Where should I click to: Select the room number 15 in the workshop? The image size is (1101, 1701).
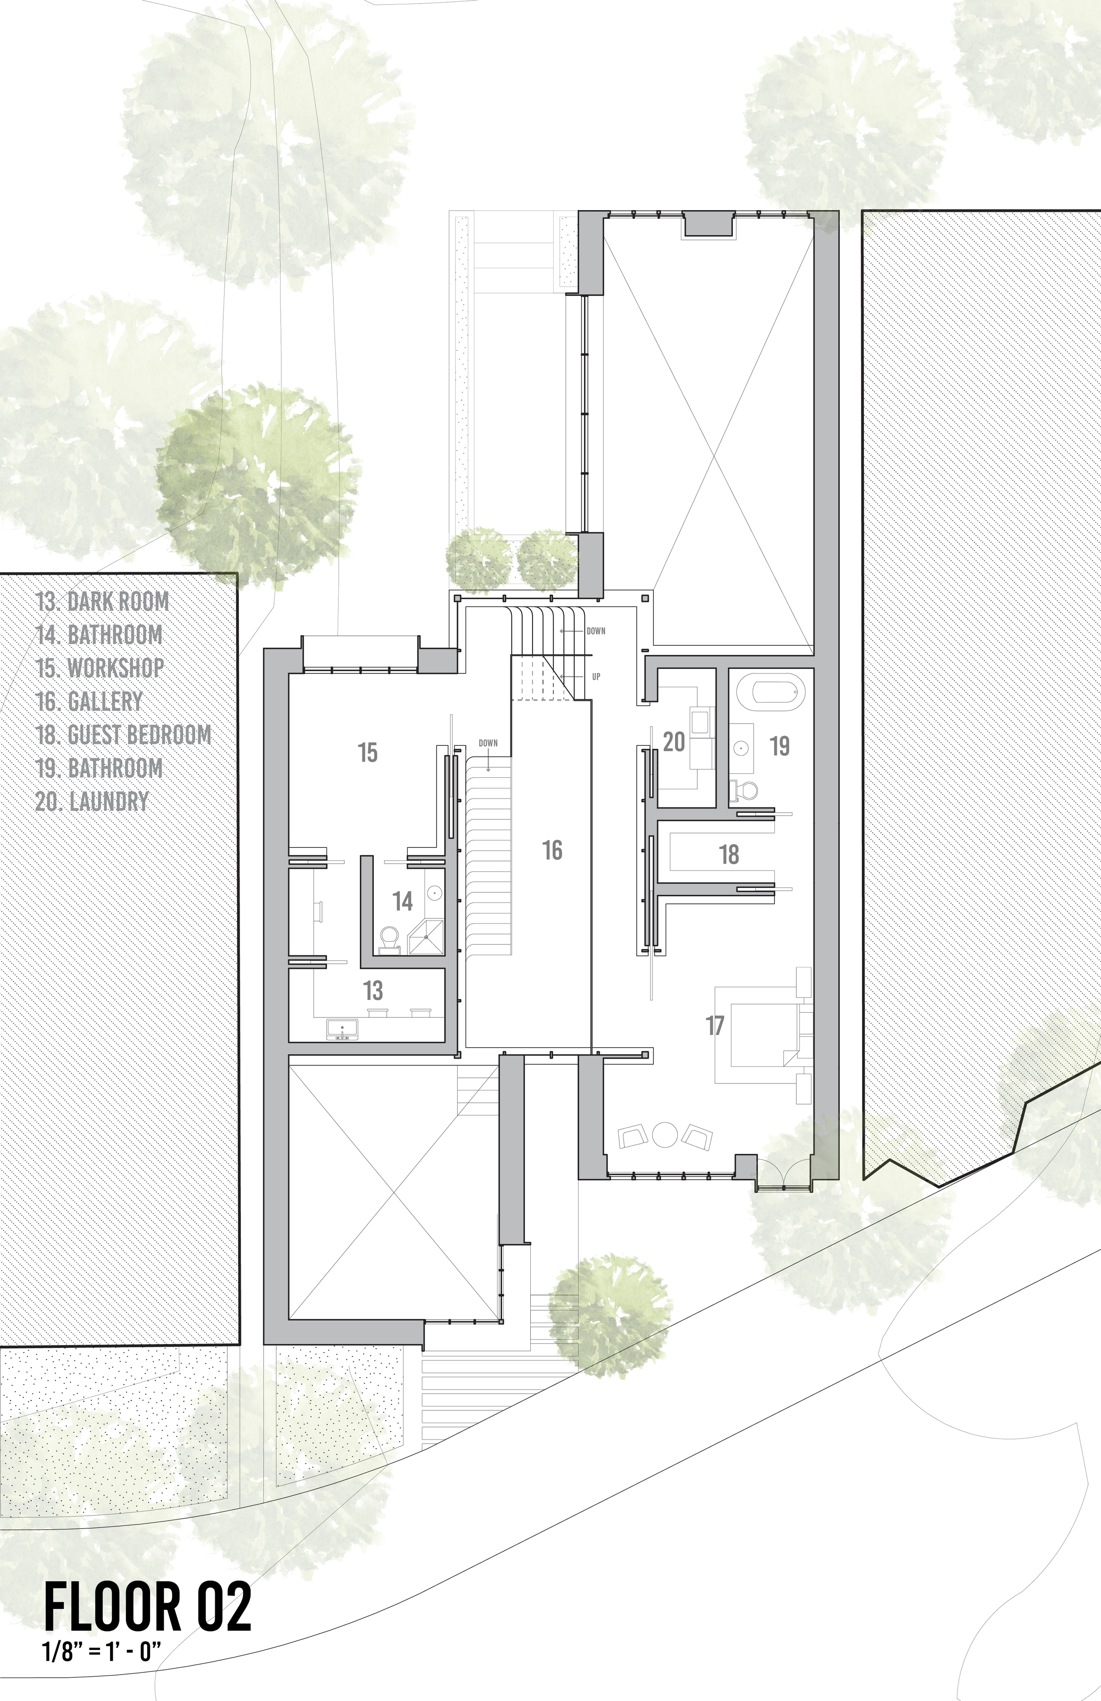pos(367,753)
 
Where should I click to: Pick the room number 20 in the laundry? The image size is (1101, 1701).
pos(674,742)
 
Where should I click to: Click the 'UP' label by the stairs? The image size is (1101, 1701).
pos(596,676)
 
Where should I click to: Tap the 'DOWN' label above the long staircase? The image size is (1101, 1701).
pos(488,743)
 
